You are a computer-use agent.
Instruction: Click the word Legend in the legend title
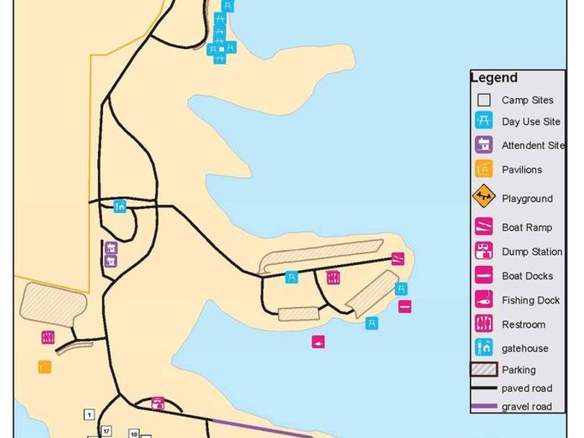(x=494, y=78)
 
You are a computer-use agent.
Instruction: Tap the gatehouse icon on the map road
(x=120, y=207)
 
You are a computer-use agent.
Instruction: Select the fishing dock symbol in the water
(x=318, y=342)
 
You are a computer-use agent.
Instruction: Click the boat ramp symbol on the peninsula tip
(x=398, y=258)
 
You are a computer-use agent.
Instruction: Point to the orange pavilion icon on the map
(x=45, y=366)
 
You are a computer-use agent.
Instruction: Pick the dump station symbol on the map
(x=158, y=403)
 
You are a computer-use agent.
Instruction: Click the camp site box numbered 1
(x=89, y=415)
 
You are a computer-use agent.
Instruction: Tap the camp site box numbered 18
(x=134, y=434)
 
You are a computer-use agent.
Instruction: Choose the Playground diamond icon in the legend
(x=484, y=197)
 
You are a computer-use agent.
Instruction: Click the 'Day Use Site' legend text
(x=531, y=122)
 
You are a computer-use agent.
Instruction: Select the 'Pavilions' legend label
(x=522, y=170)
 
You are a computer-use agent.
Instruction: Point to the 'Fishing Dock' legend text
(x=531, y=300)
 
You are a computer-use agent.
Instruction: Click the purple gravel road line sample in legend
(x=484, y=406)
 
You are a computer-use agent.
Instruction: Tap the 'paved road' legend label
(x=527, y=388)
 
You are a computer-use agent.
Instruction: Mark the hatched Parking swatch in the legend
(x=484, y=370)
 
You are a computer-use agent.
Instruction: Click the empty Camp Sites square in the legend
(x=484, y=100)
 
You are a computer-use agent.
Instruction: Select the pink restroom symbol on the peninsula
(x=333, y=277)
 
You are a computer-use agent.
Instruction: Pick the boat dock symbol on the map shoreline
(x=404, y=307)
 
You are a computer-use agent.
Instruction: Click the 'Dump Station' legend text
(x=532, y=252)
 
